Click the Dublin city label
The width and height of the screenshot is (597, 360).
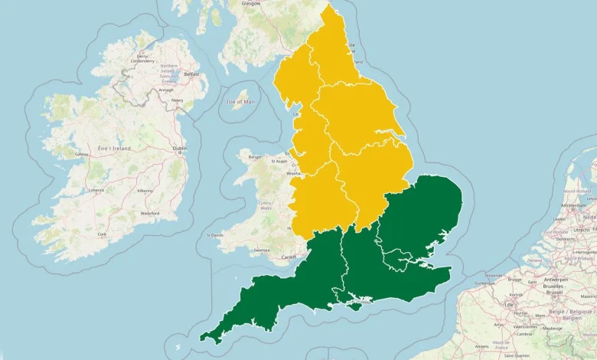180,148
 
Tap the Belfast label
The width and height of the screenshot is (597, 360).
191,74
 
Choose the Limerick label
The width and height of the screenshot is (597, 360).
96,190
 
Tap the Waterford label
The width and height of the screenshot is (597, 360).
150,213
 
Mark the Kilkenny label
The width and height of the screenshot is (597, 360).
145,190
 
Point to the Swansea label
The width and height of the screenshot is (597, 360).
261,250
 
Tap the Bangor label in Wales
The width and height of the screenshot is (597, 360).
255,158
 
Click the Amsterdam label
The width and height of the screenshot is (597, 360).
579,206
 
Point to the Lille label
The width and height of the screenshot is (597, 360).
508,305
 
